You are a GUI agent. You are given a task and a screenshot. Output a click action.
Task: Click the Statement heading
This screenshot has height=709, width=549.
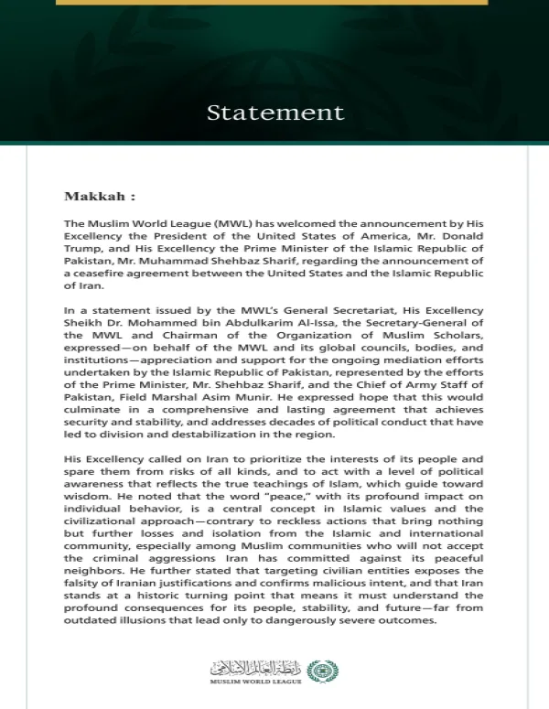coord(274,113)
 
